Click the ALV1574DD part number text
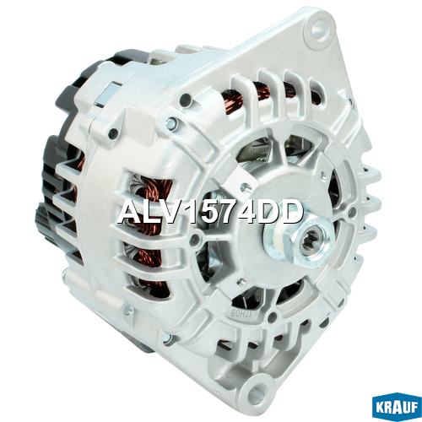(x=210, y=213)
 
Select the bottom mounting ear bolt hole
(x=257, y=390)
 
